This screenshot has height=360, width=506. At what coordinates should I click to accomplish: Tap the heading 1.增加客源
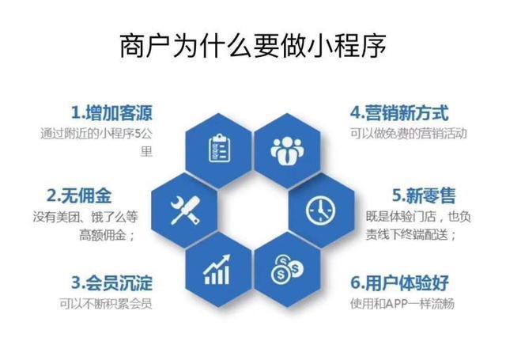tap(111, 112)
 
